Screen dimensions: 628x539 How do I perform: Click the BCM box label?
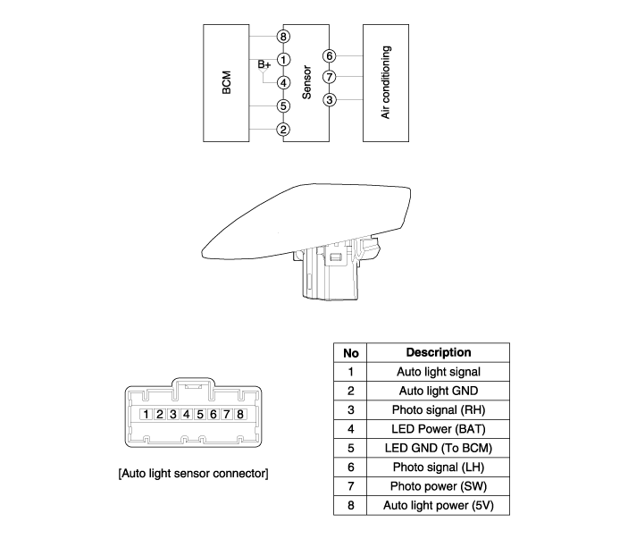(x=226, y=82)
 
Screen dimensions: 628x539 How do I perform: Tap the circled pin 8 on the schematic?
(x=283, y=37)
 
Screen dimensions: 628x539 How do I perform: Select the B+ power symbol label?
(x=264, y=64)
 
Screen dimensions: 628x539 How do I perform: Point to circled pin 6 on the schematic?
(x=330, y=55)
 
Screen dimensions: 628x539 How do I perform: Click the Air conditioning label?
(x=385, y=82)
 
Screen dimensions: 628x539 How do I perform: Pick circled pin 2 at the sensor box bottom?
(x=283, y=130)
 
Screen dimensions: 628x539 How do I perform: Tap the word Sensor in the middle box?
(x=306, y=82)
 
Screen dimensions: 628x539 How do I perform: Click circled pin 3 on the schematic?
(x=330, y=100)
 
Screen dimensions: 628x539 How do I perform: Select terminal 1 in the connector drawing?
(x=147, y=414)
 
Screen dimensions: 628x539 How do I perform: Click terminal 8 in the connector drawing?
(x=240, y=414)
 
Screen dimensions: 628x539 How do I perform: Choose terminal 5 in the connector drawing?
(x=200, y=414)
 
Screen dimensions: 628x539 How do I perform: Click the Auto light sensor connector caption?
(x=194, y=473)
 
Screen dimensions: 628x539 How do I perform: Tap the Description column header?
(x=439, y=352)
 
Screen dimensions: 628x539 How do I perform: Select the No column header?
(x=350, y=353)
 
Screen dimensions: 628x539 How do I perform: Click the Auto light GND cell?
(x=439, y=391)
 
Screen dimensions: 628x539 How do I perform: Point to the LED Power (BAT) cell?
(x=439, y=429)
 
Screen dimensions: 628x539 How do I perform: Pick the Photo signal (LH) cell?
(x=439, y=467)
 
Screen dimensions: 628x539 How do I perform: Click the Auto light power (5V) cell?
(x=439, y=505)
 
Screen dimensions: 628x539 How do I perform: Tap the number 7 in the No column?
(x=351, y=486)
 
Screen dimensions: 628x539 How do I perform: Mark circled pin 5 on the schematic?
(x=283, y=106)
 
